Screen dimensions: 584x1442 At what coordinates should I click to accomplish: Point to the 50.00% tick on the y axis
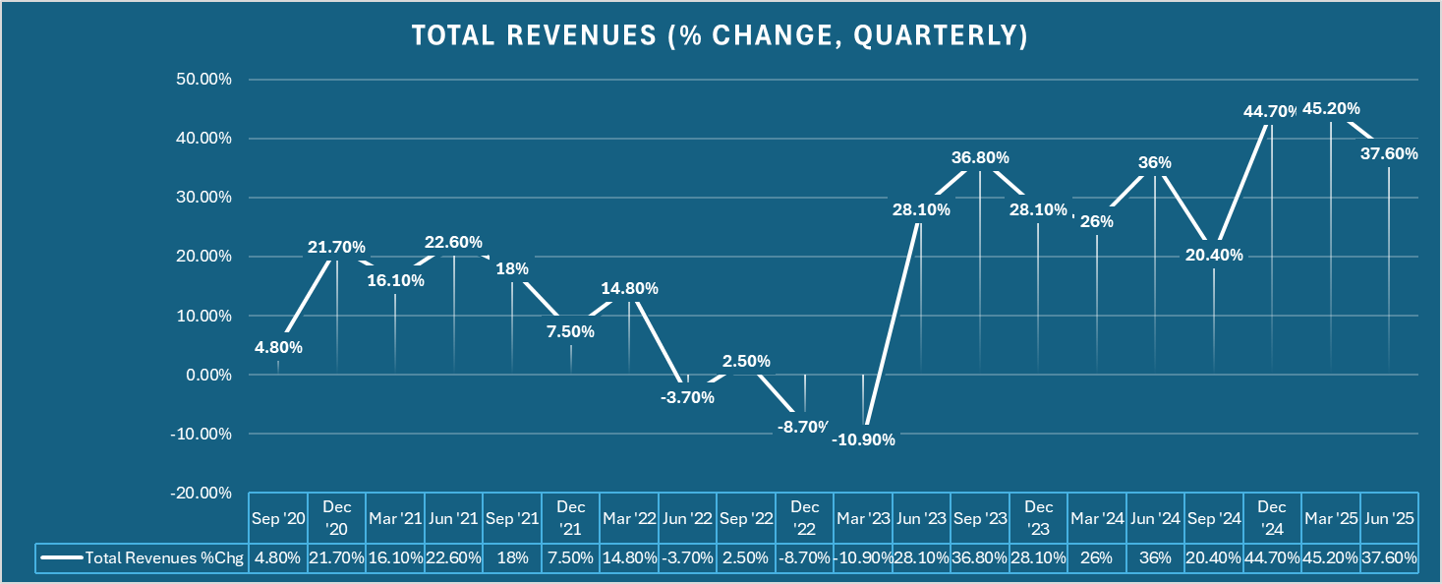point(203,80)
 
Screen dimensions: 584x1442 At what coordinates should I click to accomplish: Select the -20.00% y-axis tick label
point(202,493)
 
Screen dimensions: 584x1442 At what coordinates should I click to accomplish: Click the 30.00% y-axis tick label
point(203,198)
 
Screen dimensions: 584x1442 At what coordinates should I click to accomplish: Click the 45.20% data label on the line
point(1331,109)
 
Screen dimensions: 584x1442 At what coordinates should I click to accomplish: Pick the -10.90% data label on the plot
point(863,439)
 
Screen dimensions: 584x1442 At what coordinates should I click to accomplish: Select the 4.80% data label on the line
point(278,347)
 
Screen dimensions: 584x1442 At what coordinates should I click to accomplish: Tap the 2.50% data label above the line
point(746,361)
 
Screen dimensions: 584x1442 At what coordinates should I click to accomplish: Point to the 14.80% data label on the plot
point(630,289)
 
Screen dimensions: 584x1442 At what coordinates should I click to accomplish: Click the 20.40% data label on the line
point(1214,255)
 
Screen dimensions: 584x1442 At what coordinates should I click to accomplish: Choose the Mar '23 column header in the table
point(863,517)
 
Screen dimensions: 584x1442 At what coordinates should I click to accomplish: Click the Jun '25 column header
point(1389,517)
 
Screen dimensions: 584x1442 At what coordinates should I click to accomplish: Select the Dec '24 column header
point(1272,517)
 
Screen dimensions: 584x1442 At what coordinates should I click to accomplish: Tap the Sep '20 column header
point(278,517)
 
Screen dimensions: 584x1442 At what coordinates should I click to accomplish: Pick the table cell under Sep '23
point(980,557)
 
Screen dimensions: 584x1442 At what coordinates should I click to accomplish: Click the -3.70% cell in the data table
point(687,557)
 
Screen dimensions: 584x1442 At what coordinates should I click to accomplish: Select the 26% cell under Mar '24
point(1097,557)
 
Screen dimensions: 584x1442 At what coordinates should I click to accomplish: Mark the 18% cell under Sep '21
point(512,557)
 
